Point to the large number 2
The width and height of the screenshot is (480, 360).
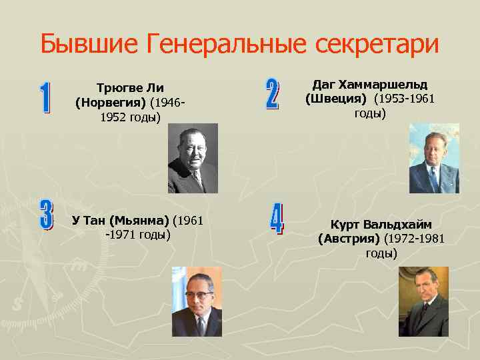click(x=272, y=94)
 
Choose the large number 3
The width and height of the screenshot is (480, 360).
click(x=45, y=216)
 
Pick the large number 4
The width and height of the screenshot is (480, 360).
click(x=276, y=218)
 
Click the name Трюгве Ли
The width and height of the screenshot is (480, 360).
click(x=130, y=88)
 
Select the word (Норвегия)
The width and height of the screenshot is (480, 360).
click(x=111, y=103)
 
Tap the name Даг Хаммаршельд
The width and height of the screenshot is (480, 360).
click(x=370, y=85)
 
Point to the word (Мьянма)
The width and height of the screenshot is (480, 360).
click(x=140, y=220)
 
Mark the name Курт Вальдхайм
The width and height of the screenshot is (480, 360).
click(x=381, y=225)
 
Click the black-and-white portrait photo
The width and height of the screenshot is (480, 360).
click(x=193, y=158)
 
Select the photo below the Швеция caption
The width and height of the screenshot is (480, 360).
click(x=433, y=158)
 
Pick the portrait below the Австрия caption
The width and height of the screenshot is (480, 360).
click(x=423, y=301)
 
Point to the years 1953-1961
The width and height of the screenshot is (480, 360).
click(x=405, y=99)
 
